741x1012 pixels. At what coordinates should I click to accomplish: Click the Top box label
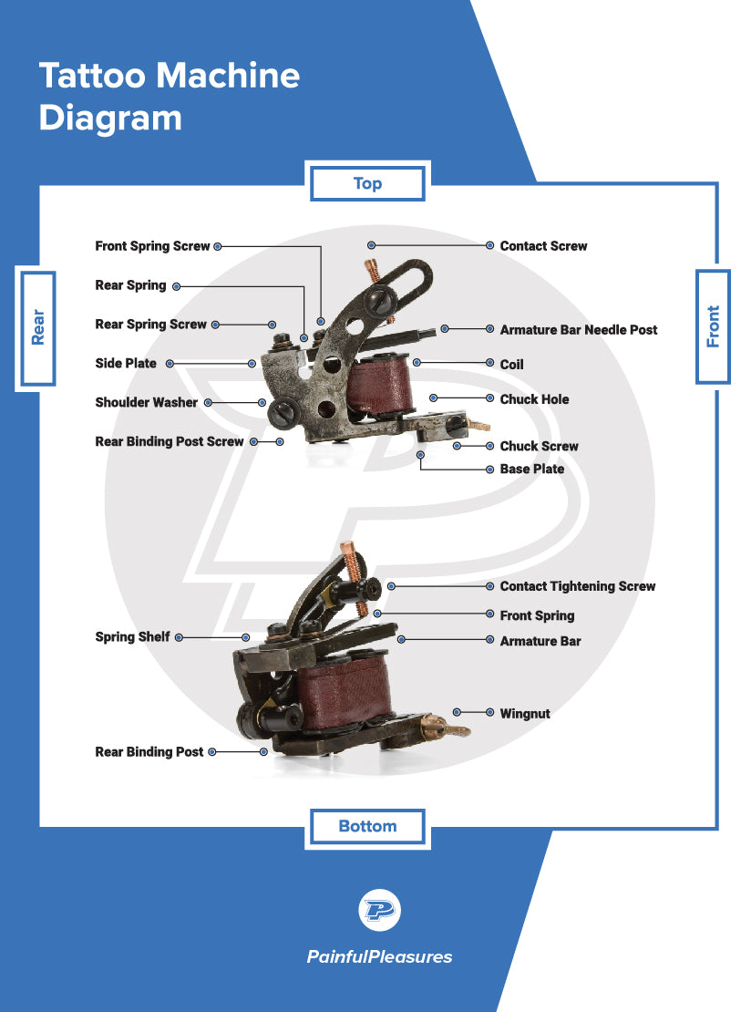(367, 183)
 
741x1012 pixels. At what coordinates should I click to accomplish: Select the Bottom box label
(367, 826)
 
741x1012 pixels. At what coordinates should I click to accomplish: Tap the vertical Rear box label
(37, 327)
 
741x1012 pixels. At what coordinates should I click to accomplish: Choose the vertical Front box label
(713, 326)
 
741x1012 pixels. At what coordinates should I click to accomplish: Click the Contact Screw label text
(543, 246)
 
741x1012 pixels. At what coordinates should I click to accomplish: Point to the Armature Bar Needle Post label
(578, 330)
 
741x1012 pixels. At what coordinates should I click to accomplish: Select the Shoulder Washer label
(146, 402)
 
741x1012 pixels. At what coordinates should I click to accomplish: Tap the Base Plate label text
(531, 469)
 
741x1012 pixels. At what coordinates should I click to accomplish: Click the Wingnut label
(525, 713)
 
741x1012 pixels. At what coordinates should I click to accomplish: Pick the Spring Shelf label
(132, 637)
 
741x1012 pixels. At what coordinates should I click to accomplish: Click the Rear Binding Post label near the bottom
(149, 752)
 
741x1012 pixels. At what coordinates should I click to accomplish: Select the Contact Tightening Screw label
(577, 586)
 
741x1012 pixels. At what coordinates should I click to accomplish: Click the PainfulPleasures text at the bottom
(379, 956)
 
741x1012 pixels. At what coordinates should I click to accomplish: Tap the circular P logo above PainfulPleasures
(379, 910)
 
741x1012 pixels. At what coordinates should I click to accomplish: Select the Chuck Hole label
(534, 399)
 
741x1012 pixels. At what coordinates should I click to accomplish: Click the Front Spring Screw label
(152, 246)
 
